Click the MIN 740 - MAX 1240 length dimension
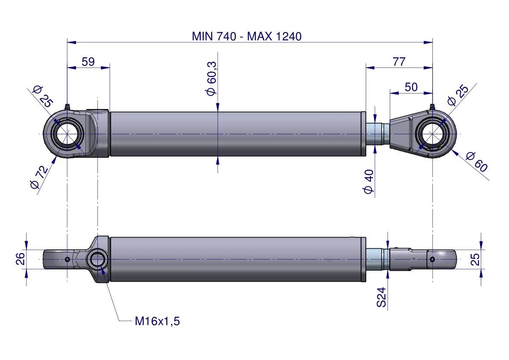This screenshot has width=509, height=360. coord(247,36)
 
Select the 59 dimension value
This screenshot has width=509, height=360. coord(88,61)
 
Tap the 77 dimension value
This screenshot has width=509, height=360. coord(399,61)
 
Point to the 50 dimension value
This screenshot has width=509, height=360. coord(411,87)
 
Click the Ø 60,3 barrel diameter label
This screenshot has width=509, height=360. coord(211,79)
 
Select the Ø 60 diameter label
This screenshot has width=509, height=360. coord(477,162)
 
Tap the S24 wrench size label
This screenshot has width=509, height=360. coord(381,297)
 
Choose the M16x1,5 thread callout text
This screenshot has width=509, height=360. coord(157,322)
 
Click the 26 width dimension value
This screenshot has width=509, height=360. coord(20,259)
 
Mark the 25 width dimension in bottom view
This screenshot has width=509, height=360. coord(475,260)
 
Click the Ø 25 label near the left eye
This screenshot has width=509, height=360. coord(43,96)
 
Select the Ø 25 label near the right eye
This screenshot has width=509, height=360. coord(458,95)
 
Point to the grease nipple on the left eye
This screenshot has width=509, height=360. coord(68,107)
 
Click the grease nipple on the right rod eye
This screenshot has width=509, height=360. coord(432,107)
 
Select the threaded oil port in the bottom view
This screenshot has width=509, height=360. coord(97,260)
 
